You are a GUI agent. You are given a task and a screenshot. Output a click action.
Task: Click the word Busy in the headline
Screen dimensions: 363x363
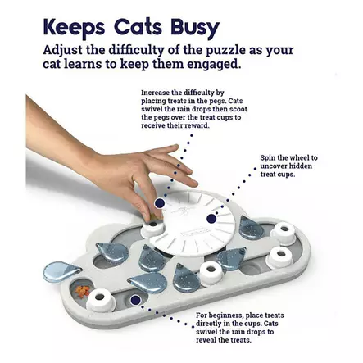coord(195,28)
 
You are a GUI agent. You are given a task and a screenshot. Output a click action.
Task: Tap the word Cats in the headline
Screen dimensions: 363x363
coord(138,27)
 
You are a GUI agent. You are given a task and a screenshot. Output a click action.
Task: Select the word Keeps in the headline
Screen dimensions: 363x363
coord(74,28)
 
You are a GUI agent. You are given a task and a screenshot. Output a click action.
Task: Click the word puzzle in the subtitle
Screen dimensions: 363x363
coord(225,50)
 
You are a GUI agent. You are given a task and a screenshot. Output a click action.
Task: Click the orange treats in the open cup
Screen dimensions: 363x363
coord(83,291)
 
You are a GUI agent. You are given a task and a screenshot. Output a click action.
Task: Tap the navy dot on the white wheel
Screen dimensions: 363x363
coord(211,219)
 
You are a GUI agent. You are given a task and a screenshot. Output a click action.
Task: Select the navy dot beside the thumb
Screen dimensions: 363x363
coord(160,203)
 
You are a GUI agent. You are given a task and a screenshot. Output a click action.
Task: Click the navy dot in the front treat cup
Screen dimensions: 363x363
coord(135,300)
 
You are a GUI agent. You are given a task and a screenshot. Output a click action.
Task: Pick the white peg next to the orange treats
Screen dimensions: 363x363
coord(101,300)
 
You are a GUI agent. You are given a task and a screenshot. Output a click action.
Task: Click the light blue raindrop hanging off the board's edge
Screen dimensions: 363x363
coord(61,271)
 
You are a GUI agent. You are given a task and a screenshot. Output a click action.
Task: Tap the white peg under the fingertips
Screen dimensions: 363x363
coord(153,227)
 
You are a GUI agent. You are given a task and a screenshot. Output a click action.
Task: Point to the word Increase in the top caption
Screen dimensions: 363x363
coord(155,93)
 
